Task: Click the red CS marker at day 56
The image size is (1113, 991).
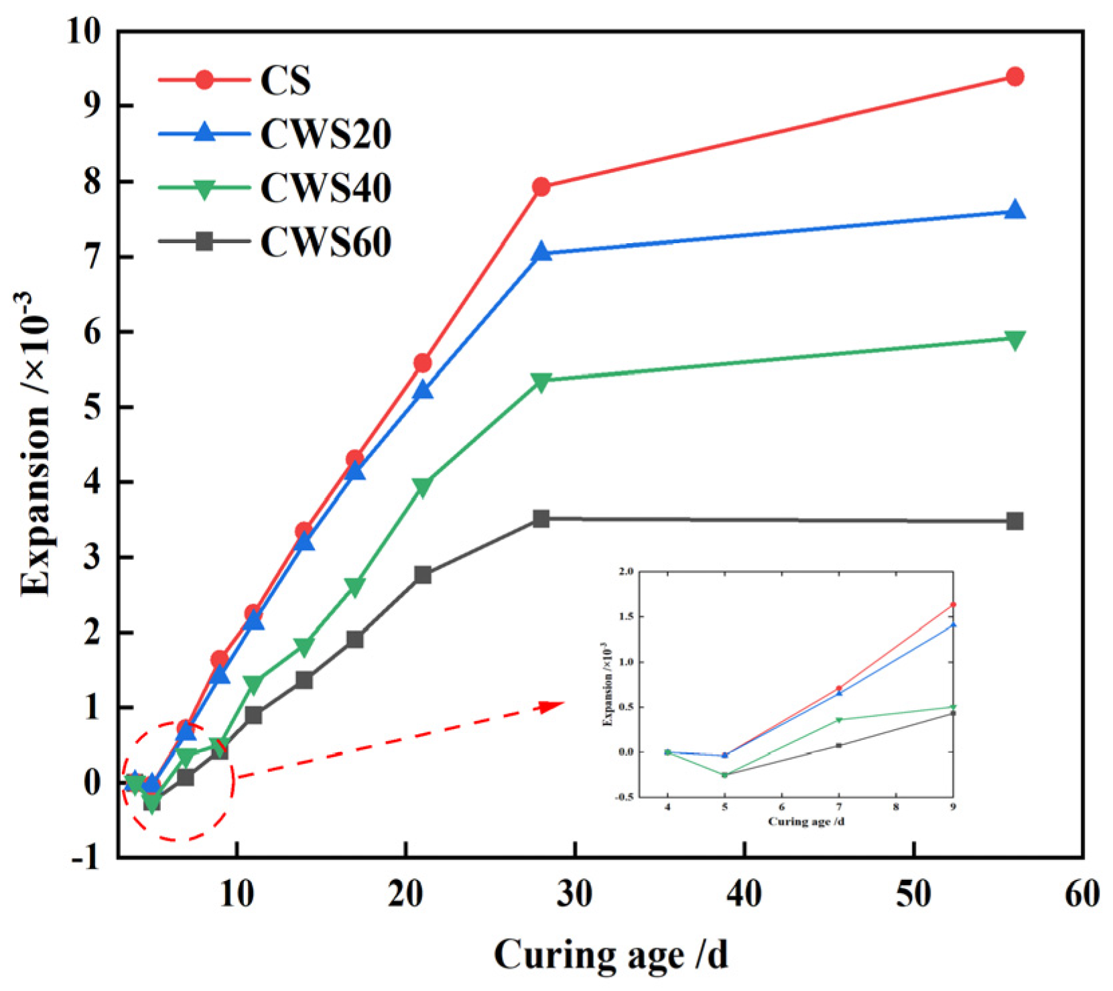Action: click(1014, 76)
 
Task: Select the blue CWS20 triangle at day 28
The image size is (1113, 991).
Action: click(541, 253)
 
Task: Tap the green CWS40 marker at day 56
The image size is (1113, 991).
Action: click(1014, 340)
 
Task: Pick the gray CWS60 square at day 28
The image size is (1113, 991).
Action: click(541, 519)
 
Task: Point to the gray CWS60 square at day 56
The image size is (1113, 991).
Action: click(1014, 521)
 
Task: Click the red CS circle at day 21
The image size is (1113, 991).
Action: click(423, 363)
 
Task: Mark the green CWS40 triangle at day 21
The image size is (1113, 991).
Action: click(423, 487)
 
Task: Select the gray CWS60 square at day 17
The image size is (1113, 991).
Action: click(355, 639)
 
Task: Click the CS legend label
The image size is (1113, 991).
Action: click(285, 80)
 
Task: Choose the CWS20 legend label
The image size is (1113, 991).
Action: click(326, 134)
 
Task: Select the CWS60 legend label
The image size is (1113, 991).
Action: click(326, 242)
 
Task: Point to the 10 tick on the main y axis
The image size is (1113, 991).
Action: click(83, 31)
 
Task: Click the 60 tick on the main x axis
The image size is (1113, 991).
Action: click(1082, 894)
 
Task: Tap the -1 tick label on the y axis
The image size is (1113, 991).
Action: click(86, 858)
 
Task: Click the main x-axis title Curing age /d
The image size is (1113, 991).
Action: click(610, 954)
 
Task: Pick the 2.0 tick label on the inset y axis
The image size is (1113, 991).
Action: click(626, 572)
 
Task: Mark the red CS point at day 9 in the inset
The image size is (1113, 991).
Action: click(953, 604)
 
